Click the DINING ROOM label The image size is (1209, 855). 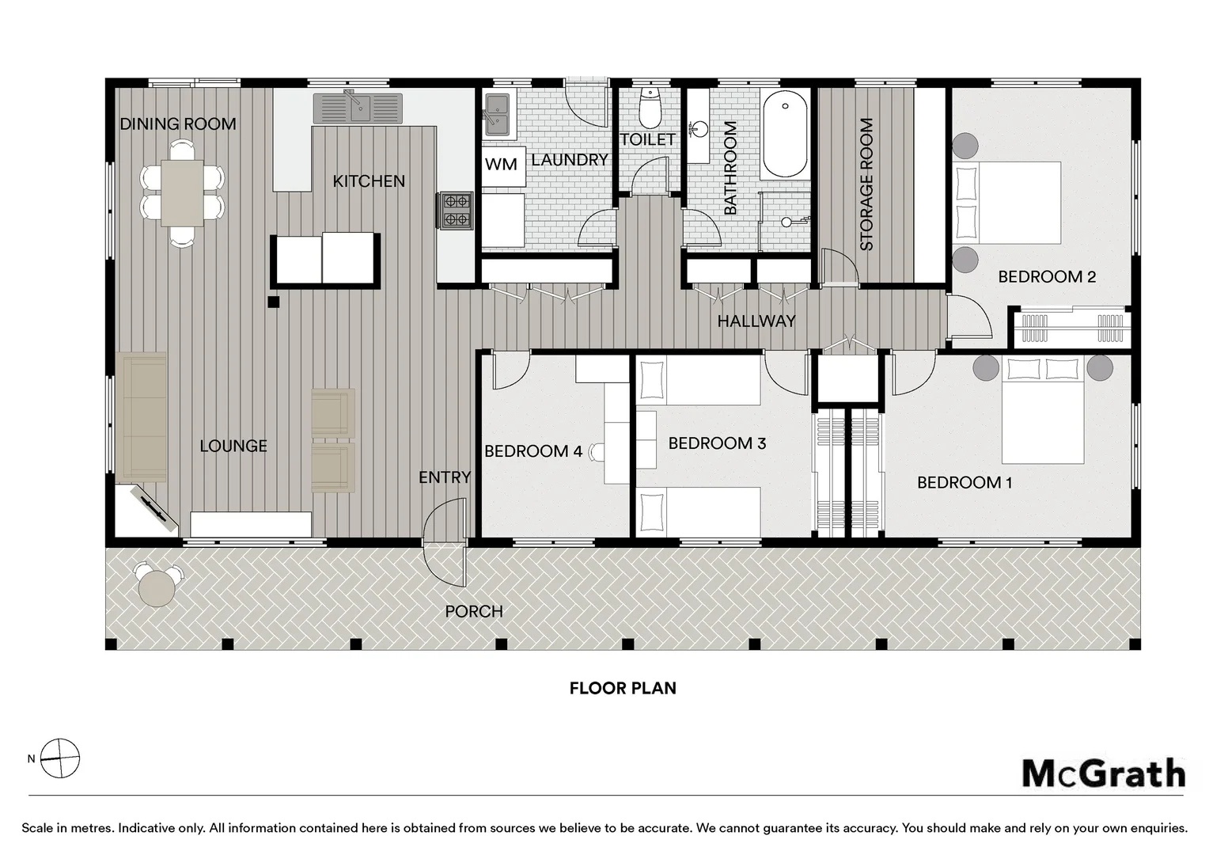click(177, 123)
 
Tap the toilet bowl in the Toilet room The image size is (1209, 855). click(650, 108)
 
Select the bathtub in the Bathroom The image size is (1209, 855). click(786, 134)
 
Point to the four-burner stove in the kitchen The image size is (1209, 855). click(456, 211)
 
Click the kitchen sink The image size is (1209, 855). click(358, 108)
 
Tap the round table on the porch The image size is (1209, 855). click(157, 588)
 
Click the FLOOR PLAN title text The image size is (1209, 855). click(623, 688)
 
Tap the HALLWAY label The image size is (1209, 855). click(756, 321)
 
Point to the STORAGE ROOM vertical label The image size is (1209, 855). click(866, 184)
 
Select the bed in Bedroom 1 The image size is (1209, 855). click(1043, 409)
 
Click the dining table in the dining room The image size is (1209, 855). click(183, 193)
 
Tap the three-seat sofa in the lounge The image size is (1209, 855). click(141, 417)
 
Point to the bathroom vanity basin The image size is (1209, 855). click(700, 129)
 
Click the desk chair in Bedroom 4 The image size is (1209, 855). click(597, 451)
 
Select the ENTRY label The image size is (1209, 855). click(445, 477)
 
